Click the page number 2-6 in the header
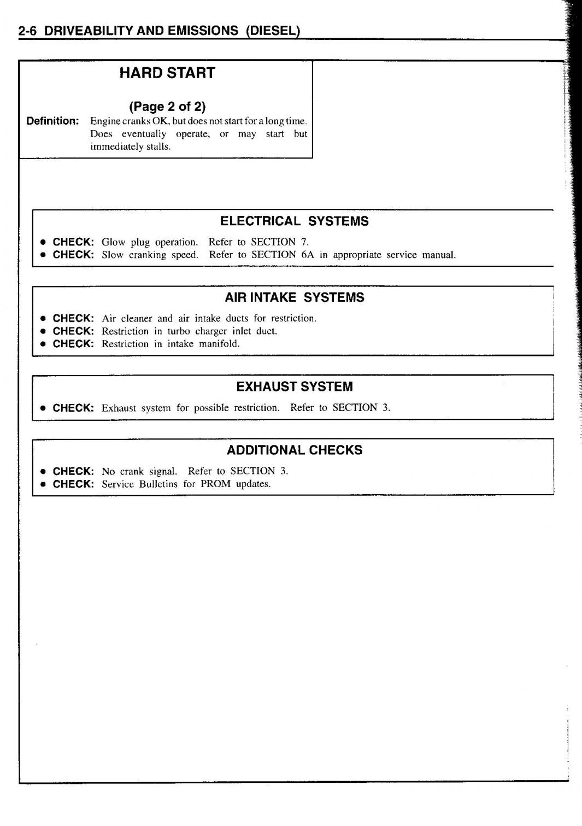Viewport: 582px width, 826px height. [x=27, y=31]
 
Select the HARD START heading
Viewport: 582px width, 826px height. [x=167, y=73]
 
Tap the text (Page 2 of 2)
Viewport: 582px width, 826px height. [x=167, y=106]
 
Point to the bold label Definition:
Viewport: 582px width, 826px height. [x=53, y=121]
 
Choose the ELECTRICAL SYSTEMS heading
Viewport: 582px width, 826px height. [x=294, y=221]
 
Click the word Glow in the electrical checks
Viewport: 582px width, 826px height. [x=113, y=242]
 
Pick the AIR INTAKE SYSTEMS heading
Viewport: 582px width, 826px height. [x=294, y=297]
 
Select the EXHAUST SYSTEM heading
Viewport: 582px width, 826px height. [x=294, y=386]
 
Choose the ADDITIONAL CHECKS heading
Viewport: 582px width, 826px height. [x=294, y=450]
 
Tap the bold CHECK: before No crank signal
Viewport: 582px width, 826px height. [x=73, y=471]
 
